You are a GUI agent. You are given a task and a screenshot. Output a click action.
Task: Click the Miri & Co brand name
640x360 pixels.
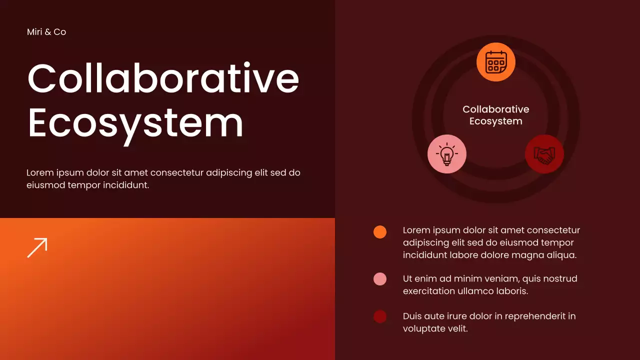46,32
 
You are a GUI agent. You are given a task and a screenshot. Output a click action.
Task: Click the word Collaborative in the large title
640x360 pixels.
163,78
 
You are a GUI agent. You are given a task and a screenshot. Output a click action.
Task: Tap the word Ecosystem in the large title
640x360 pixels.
135,123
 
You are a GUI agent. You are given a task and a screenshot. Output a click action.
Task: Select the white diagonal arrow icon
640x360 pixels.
37,247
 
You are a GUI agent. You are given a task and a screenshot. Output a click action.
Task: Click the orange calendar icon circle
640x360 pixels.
495,62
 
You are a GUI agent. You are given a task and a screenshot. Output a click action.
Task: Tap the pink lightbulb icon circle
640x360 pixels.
447,154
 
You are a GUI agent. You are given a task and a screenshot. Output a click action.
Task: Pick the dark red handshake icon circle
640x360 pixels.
544,154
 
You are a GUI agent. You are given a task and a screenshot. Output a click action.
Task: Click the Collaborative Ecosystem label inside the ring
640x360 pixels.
495,115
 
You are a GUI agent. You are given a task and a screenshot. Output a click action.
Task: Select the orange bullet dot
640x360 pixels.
380,232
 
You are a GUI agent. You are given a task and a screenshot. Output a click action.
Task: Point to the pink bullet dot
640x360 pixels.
380,279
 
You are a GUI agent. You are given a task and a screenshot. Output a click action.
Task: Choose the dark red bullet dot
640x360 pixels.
380,316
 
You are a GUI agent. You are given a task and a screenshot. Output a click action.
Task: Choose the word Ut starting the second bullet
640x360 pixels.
408,278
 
